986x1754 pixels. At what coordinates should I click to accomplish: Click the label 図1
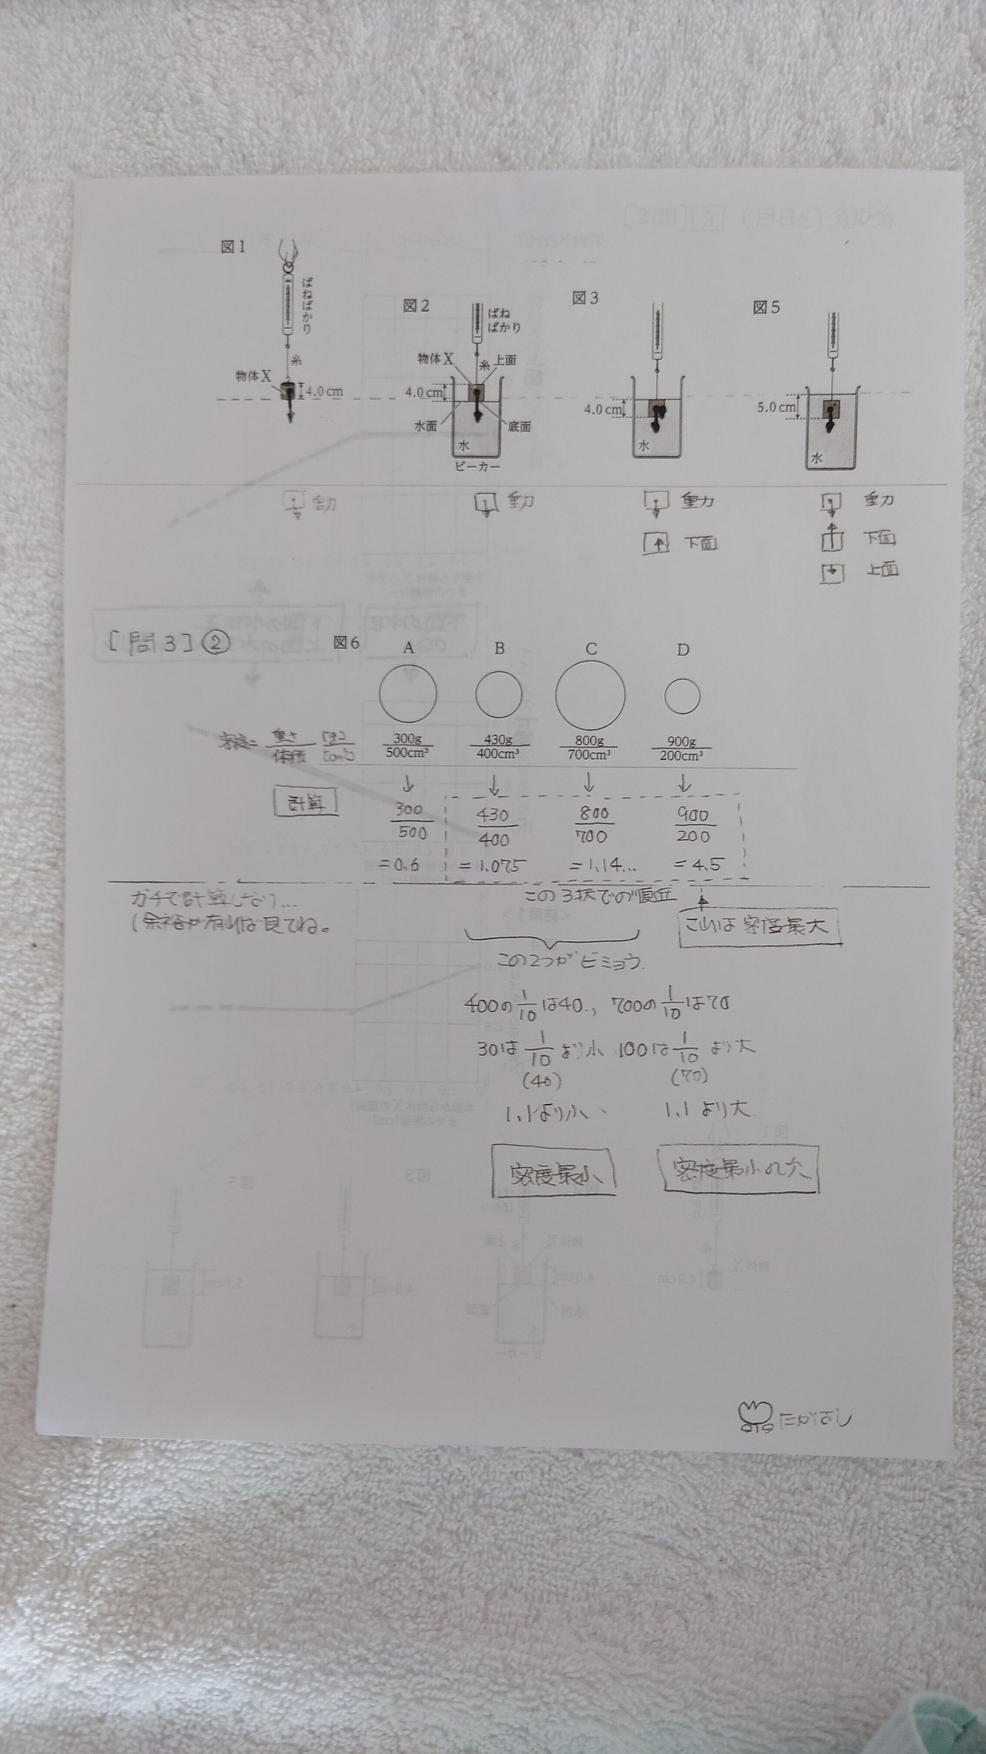[233, 247]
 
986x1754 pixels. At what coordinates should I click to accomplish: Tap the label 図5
[766, 308]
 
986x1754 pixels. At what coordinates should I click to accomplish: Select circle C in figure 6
[590, 695]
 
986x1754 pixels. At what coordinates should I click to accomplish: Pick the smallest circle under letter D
[682, 696]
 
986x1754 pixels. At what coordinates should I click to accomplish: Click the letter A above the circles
[408, 648]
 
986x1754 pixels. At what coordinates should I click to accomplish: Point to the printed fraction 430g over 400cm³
[498, 747]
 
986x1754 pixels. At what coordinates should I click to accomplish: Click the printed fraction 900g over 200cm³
[681, 748]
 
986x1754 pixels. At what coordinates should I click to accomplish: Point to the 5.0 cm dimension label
[776, 407]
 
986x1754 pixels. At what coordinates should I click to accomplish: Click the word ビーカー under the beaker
[477, 466]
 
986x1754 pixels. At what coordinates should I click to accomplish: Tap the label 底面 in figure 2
[519, 427]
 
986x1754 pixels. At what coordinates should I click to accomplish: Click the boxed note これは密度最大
[759, 926]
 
